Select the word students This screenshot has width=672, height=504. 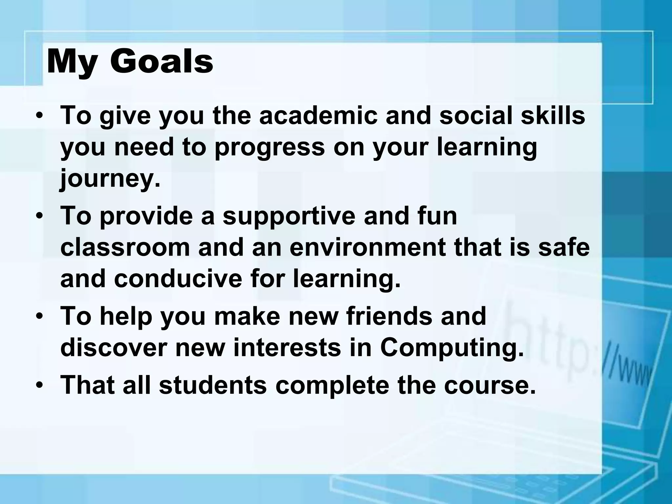213,385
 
